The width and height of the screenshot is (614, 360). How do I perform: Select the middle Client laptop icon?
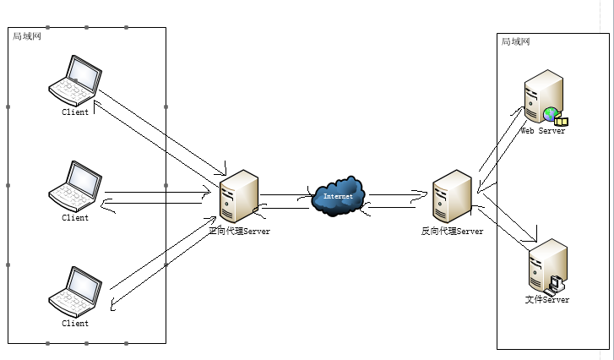(75, 187)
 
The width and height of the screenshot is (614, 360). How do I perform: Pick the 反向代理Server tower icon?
(452, 197)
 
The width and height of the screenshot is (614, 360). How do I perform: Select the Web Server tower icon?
(541, 97)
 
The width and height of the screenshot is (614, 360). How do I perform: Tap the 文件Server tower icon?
(546, 265)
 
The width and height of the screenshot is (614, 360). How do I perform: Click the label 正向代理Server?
(239, 231)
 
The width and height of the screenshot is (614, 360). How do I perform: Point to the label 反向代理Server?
(452, 231)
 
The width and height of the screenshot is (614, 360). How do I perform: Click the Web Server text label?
(542, 131)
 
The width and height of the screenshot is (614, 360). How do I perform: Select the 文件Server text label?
(546, 300)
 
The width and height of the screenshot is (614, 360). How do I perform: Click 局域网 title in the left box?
(26, 36)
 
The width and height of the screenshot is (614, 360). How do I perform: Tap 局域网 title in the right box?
(515, 41)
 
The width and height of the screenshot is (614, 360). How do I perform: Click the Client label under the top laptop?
(75, 112)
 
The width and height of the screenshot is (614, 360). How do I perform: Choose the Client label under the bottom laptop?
(75, 323)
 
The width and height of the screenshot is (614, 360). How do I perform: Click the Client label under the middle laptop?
(75, 218)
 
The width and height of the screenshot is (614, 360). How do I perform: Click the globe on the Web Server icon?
(551, 113)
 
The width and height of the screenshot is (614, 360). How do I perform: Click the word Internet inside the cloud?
(338, 197)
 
